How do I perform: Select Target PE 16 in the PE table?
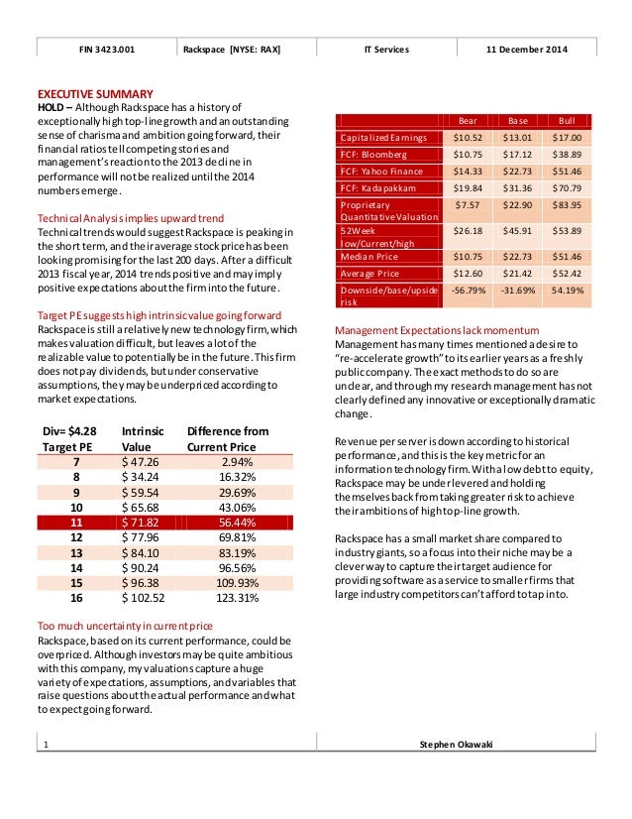tap(77, 598)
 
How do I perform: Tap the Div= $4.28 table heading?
tap(70, 431)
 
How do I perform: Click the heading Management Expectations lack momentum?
tap(437, 329)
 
